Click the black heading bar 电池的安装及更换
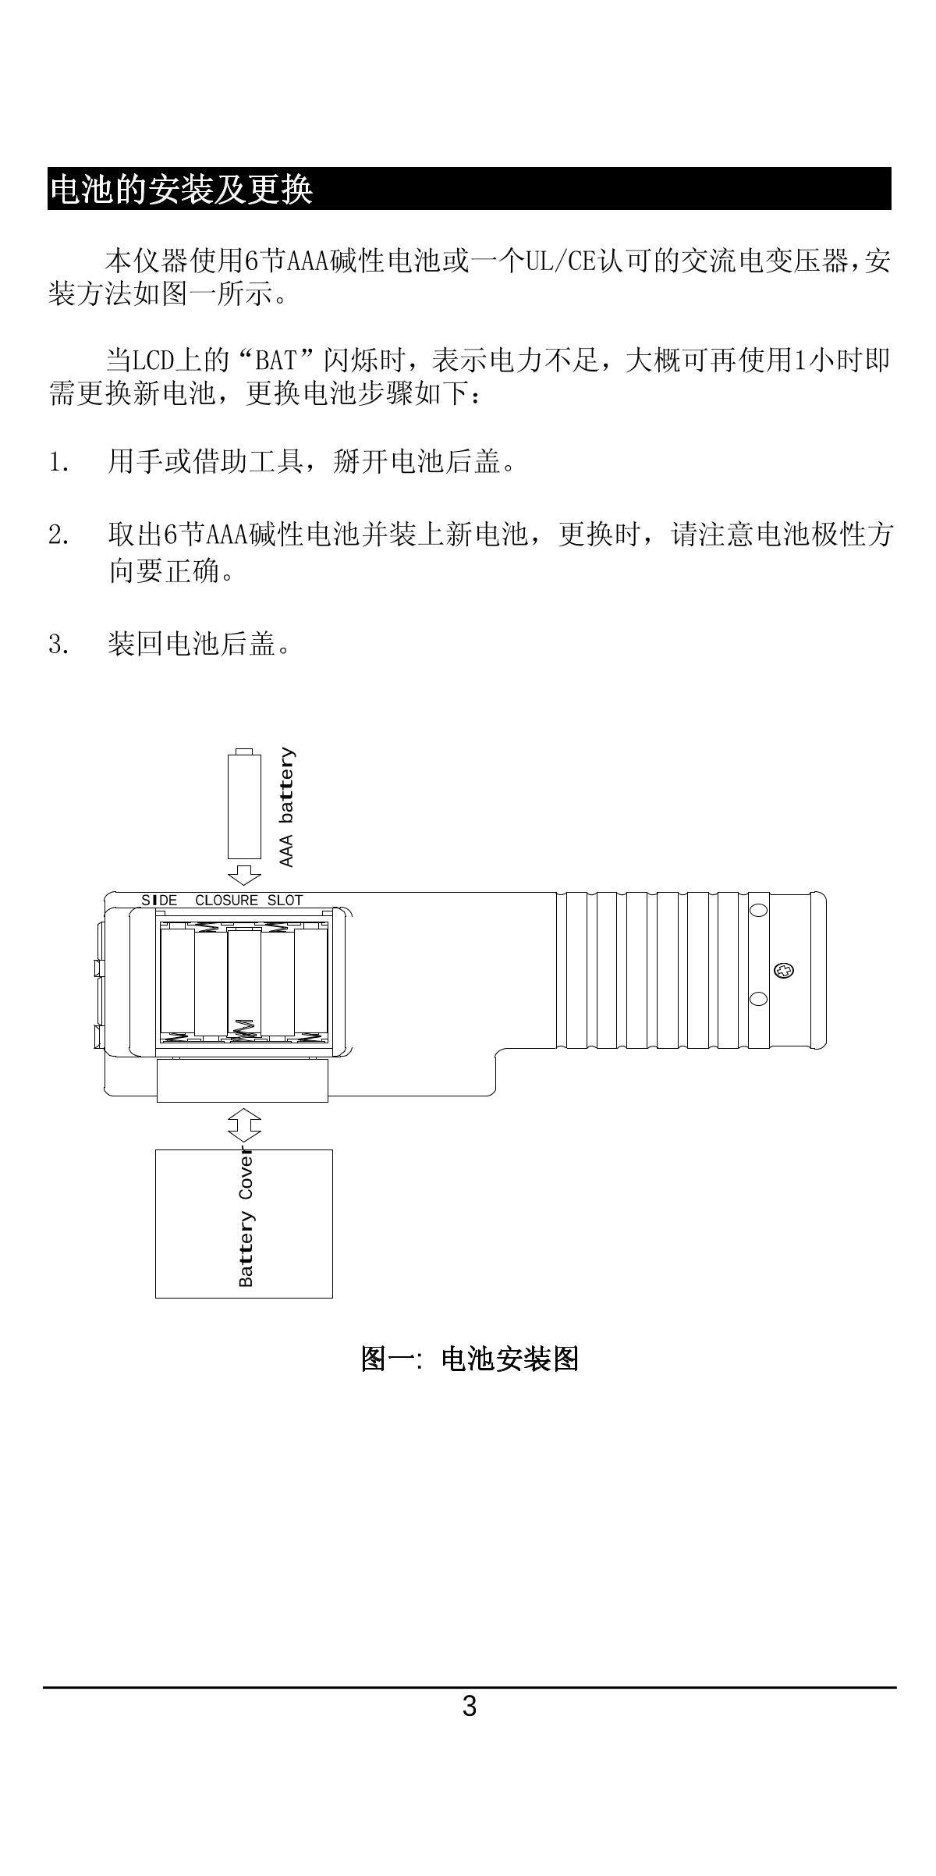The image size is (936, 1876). tap(468, 188)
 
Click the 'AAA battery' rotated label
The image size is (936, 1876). tap(287, 807)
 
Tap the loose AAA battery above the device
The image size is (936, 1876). tap(244, 805)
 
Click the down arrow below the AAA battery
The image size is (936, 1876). tap(244, 873)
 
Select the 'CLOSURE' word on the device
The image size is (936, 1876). tap(226, 900)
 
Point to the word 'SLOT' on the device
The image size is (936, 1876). tap(285, 900)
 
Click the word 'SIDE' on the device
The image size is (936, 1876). tap(159, 900)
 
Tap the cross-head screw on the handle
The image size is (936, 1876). tap(784, 971)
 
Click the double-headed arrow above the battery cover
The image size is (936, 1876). tap(244, 1125)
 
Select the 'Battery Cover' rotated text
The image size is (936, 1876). tap(246, 1217)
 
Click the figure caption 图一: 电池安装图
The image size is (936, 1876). tap(469, 1359)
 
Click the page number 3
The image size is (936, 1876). tap(469, 1706)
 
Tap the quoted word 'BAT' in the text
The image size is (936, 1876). tap(277, 361)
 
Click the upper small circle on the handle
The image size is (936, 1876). tap(758, 910)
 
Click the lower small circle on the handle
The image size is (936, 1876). tap(758, 1000)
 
